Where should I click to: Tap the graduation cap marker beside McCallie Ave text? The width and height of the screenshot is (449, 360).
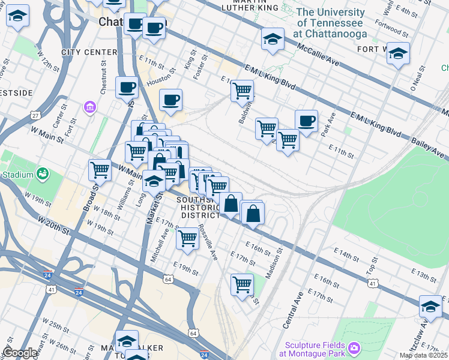tap(273, 40)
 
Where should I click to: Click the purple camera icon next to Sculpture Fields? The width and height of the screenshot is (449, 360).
tap(354, 347)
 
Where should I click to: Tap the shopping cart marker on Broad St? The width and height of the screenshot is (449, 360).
tap(100, 169)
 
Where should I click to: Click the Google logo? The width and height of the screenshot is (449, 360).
tap(20, 353)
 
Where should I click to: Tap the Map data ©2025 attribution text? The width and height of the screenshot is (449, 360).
tap(424, 355)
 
